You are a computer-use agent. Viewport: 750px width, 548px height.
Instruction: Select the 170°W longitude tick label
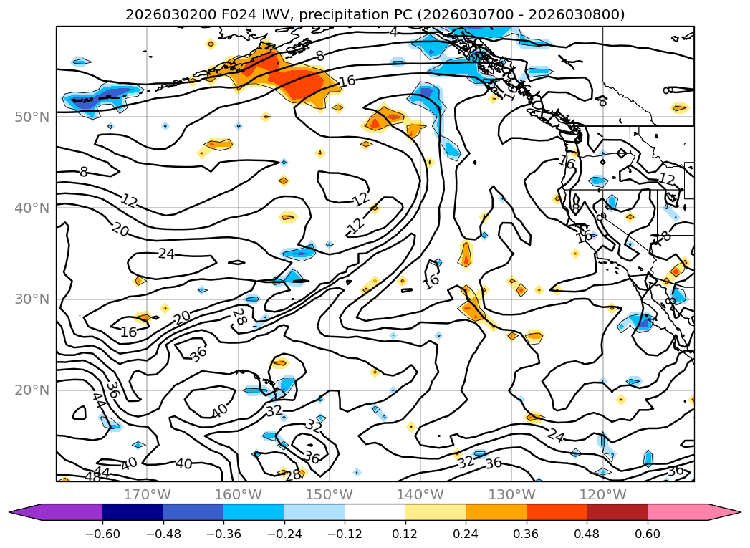(147, 494)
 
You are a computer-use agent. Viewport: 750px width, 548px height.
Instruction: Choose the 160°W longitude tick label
(238, 494)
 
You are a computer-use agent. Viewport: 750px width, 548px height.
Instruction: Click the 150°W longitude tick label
(329, 494)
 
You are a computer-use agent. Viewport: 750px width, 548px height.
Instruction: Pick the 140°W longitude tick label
(420, 494)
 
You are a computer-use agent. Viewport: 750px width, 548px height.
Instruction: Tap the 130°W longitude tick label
(511, 494)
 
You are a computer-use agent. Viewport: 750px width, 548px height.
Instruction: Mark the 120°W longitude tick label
(602, 494)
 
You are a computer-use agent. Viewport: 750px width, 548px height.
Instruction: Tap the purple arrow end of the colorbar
(25, 512)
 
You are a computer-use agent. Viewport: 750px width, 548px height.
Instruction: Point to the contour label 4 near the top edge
(394, 32)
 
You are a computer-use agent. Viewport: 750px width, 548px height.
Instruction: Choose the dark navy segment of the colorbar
(133, 512)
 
